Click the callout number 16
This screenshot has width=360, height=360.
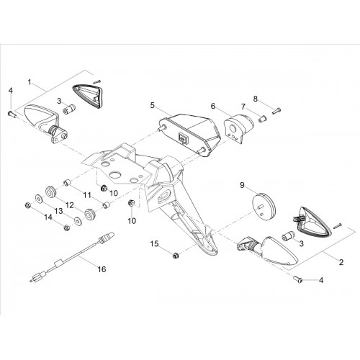click(x=102, y=269)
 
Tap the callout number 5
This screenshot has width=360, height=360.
click(x=153, y=105)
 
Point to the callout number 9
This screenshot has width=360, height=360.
click(x=242, y=185)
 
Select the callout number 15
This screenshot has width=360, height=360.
click(x=155, y=244)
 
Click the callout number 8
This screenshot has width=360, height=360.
click(x=256, y=99)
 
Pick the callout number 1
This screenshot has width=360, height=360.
click(x=30, y=82)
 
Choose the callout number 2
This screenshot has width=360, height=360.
click(x=341, y=262)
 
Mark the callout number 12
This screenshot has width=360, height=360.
click(x=70, y=205)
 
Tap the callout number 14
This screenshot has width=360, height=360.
click(x=48, y=217)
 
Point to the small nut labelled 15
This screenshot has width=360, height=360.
click(x=176, y=256)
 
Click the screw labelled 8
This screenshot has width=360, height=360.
click(x=276, y=111)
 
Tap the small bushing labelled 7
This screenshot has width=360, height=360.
click(x=263, y=119)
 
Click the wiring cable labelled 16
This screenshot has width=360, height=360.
click(x=72, y=258)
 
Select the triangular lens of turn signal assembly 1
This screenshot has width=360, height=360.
click(x=88, y=96)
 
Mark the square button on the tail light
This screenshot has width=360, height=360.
click(x=183, y=138)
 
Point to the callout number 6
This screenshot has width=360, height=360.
click(x=213, y=106)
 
